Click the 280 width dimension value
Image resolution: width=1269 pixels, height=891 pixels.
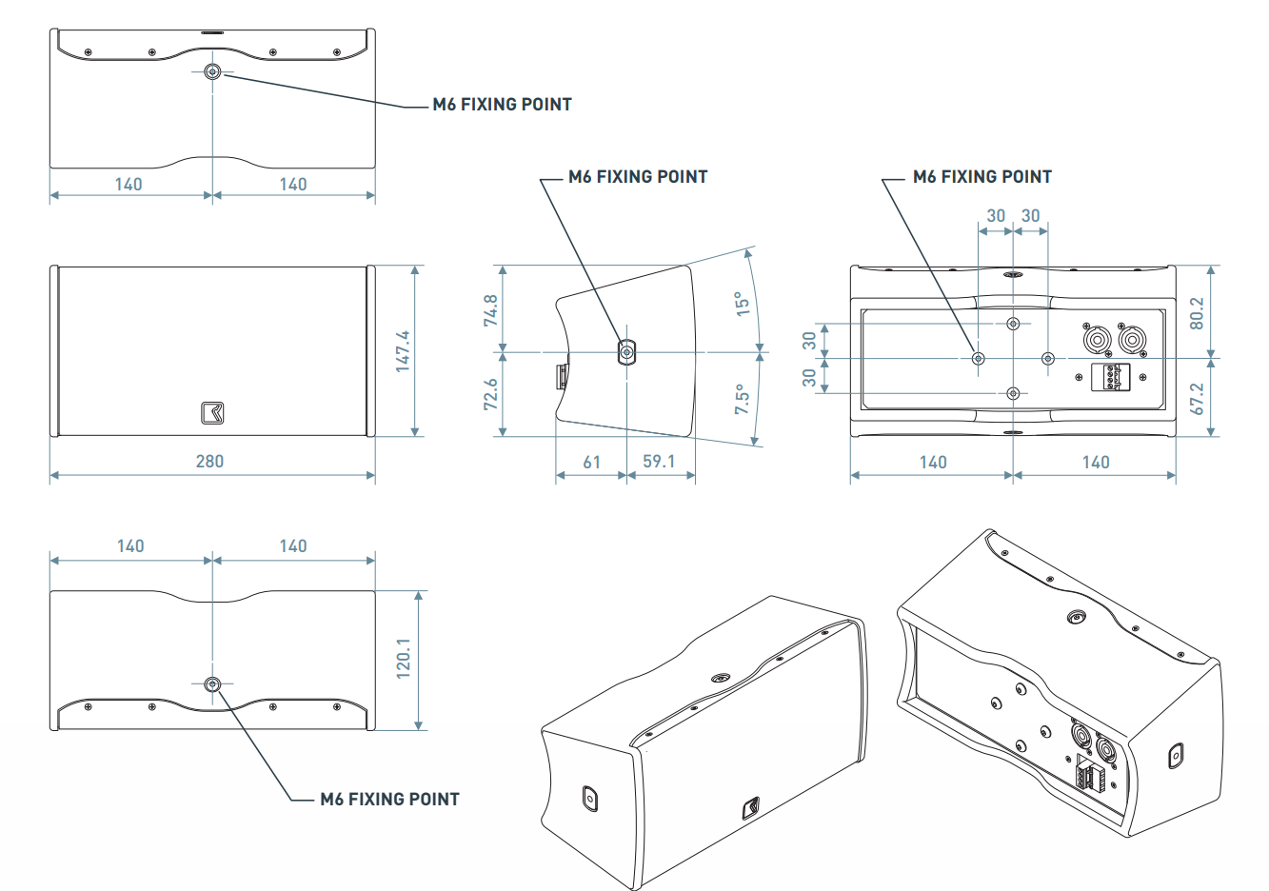[x=209, y=462]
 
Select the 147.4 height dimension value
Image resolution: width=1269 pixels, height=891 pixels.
[x=404, y=350]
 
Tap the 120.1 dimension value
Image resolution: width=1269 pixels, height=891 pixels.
[x=404, y=658]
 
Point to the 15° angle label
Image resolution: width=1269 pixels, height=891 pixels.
[x=743, y=304]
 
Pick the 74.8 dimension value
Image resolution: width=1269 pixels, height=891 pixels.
[x=491, y=310]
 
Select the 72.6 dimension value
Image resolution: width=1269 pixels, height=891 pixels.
[x=491, y=394]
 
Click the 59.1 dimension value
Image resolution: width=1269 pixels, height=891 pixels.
[x=659, y=462]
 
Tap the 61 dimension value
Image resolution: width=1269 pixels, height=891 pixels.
[x=592, y=463]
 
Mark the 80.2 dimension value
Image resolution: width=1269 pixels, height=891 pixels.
[x=1198, y=313]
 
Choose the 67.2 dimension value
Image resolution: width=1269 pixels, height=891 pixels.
[x=1198, y=399]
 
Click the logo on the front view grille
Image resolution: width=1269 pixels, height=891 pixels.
[x=212, y=413]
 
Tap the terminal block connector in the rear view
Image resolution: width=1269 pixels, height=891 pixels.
[x=1111, y=377]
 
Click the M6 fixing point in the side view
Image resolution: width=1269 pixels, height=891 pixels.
[x=626, y=353]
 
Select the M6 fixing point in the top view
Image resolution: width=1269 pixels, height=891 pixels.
[x=212, y=71]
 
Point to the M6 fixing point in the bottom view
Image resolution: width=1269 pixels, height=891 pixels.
[x=212, y=683]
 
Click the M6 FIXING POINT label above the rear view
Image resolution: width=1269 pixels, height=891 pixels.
[x=981, y=177]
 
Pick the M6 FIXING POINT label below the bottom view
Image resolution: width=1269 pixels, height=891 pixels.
[x=389, y=800]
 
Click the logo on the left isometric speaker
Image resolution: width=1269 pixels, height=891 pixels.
[x=751, y=807]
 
